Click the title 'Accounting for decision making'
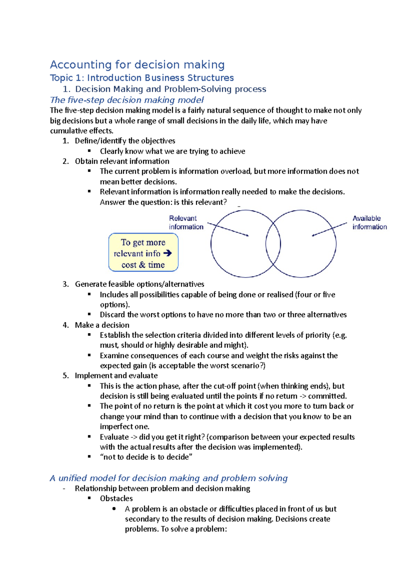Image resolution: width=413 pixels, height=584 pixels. coord(137,65)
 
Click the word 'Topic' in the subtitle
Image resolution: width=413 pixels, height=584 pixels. coord(61,78)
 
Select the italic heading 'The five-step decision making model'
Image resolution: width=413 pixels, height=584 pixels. coord(127,100)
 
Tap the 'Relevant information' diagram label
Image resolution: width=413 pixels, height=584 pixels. coord(186,223)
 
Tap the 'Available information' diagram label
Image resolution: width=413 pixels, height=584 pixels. coord(369,223)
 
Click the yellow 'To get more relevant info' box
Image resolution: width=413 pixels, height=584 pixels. coord(143,252)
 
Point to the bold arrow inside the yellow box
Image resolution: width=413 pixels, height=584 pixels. coord(168,253)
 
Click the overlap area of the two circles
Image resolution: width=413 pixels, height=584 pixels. coord(273,244)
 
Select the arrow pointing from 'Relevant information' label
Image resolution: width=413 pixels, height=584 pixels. coord(228,229)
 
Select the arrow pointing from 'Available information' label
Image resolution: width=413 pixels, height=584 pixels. coord(329,229)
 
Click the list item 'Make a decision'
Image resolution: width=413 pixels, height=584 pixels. coord(102,325)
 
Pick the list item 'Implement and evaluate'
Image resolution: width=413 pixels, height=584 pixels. coord(116,376)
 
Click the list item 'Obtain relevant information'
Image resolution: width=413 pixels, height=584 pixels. coord(122,161)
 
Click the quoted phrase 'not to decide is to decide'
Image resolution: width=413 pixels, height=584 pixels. coord(146,457)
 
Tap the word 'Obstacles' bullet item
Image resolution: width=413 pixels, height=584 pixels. coord(116,498)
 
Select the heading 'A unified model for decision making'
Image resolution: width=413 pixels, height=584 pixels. coord(168,478)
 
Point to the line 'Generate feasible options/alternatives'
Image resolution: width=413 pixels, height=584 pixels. coord(139,284)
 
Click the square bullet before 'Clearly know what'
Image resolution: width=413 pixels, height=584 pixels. coord(89,151)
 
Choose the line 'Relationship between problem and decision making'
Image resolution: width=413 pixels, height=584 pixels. coord(162,488)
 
